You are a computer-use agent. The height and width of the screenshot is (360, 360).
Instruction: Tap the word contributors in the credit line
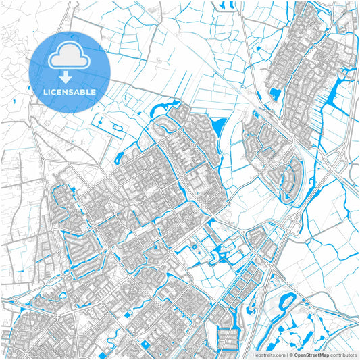343,354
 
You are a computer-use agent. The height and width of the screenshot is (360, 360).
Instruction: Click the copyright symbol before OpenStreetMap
290,354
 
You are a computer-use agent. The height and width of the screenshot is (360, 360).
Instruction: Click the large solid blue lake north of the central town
220,126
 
